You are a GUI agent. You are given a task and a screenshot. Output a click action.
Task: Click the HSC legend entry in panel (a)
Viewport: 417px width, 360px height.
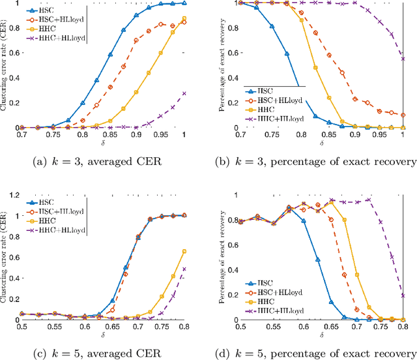(45, 11)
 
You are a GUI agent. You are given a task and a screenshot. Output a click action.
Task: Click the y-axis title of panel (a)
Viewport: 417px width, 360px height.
(5, 65)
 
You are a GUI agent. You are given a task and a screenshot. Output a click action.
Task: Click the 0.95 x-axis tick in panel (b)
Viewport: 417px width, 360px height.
(378, 134)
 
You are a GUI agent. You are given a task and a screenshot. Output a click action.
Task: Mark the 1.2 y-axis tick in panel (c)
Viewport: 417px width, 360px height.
(12, 195)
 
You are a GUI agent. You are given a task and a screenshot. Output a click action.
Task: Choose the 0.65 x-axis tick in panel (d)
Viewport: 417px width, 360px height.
(339, 326)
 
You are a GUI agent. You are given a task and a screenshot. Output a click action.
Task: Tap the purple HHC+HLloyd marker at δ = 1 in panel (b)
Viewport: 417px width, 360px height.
(403, 59)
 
